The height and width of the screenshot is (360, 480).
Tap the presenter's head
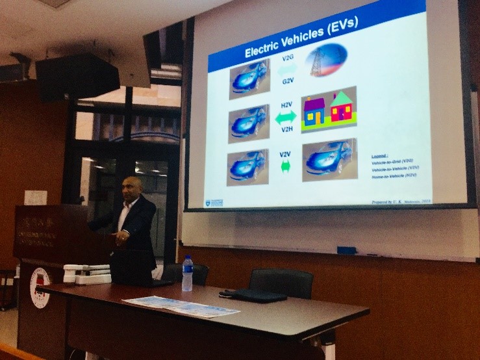pyautogui.click(x=132, y=187)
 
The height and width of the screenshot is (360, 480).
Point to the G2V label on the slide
pyautogui.click(x=288, y=81)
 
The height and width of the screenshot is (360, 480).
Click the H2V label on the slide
pyautogui.click(x=286, y=104)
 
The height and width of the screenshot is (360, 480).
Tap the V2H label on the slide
pyautogui.click(x=286, y=129)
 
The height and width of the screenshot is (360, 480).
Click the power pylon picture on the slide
pyautogui.click(x=326, y=60)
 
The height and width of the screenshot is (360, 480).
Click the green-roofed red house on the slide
pyautogui.click(x=341, y=109)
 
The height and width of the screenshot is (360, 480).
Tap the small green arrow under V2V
pyautogui.click(x=285, y=166)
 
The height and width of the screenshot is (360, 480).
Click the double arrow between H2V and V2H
pyautogui.click(x=286, y=117)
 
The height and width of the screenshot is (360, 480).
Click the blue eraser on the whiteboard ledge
pyautogui.click(x=346, y=250)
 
